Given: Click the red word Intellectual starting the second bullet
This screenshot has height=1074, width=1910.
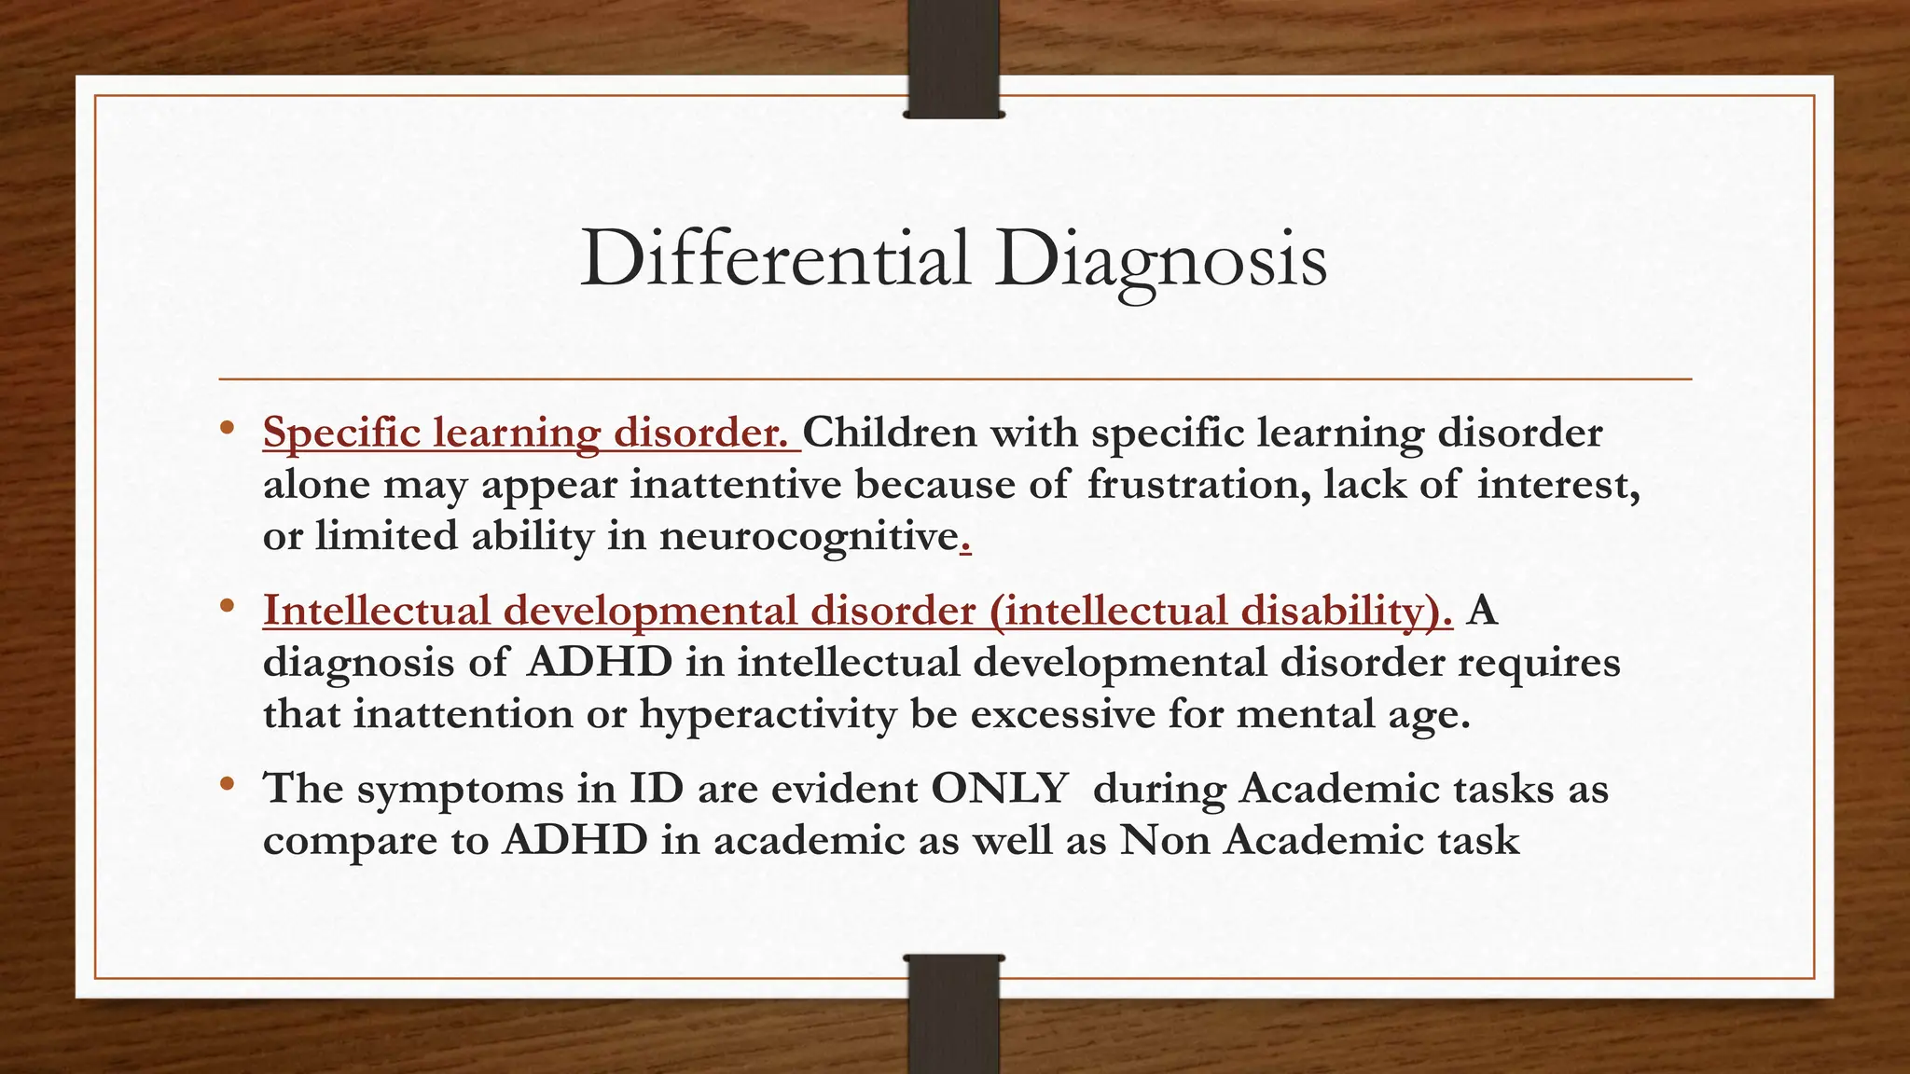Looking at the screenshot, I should (x=377, y=611).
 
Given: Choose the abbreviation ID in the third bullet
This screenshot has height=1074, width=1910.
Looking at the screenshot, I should (x=657, y=789).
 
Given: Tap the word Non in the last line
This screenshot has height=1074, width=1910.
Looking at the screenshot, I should (x=1165, y=840).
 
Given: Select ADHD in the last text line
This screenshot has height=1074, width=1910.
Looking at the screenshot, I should (x=574, y=840).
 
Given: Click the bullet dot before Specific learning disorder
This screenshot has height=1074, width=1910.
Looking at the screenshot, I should (x=227, y=430).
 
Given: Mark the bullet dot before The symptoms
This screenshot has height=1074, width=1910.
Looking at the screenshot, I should (x=227, y=786).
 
